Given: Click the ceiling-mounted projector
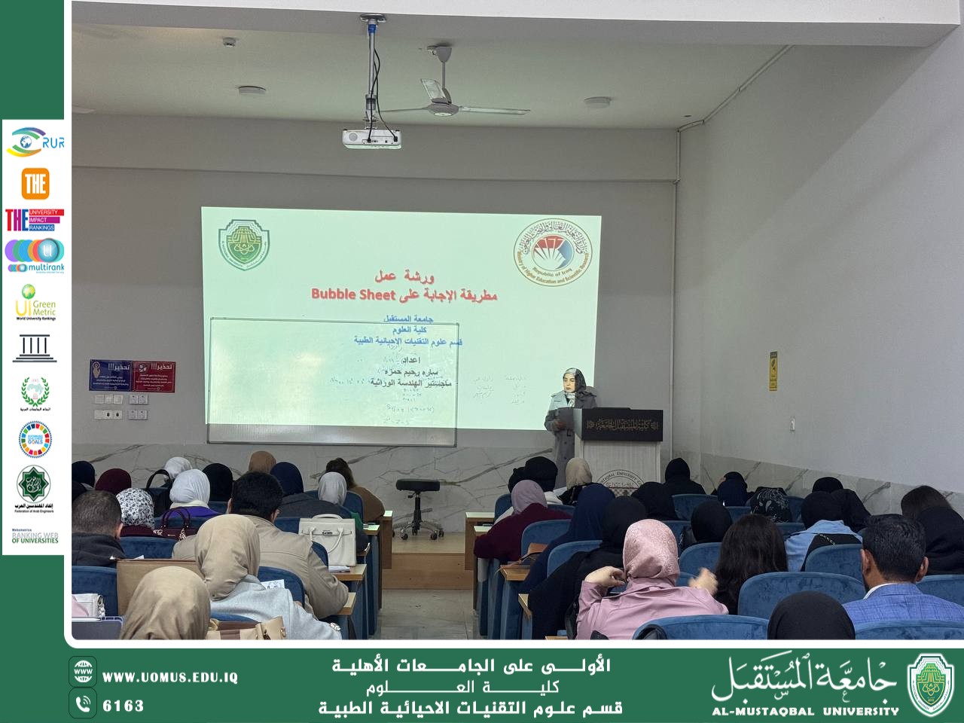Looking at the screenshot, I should point(371,137).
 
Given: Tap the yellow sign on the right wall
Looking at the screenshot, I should point(773,371).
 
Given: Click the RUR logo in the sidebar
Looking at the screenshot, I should point(35,142).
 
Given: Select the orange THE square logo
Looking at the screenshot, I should point(35,183).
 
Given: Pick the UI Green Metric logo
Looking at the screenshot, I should point(35,302).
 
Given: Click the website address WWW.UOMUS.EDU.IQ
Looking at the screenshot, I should point(169,678).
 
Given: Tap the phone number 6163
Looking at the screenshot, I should point(123,706).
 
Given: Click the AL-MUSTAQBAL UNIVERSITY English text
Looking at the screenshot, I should point(805,710).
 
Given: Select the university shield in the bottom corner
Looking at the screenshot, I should point(929,683).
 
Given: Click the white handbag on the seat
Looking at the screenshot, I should point(327,540).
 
